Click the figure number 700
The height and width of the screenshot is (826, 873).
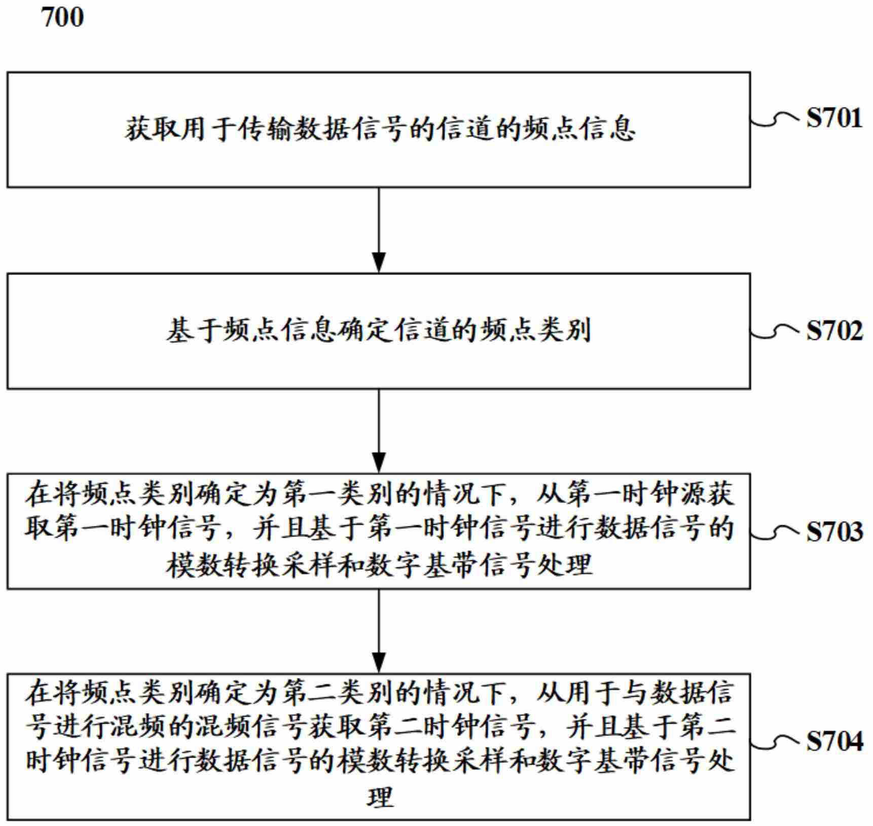coord(62,17)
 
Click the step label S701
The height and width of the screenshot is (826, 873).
coord(834,118)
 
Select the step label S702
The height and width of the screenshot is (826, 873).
coord(834,331)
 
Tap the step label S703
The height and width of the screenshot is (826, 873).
coord(834,531)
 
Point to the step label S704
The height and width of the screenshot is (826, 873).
coord(834,741)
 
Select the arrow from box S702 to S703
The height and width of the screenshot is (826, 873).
coord(379,431)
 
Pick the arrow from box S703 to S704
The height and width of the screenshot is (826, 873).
coord(379,631)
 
